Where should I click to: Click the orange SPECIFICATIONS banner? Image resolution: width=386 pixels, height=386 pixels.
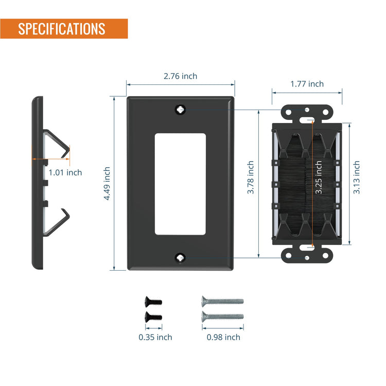coord(64,28)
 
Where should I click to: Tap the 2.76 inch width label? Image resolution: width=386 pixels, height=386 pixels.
coord(181,76)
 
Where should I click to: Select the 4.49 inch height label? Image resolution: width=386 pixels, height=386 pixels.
coord(107,184)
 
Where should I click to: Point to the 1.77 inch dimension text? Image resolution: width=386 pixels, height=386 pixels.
coord(307,84)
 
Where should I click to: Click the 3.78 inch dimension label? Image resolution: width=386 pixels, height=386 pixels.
coord(250,177)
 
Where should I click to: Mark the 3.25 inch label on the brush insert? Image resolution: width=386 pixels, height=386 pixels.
coord(319,177)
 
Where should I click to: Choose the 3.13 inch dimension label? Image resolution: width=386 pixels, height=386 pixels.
coord(357,177)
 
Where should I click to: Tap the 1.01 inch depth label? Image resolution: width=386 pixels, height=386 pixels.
coord(65,172)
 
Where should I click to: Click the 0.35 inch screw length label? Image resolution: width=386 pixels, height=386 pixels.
coord(155,337)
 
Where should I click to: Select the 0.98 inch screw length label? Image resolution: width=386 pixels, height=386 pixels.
coord(223,337)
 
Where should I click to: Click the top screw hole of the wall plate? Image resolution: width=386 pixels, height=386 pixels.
coord(181,109)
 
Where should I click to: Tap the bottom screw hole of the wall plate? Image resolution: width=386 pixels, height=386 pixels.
coord(181,258)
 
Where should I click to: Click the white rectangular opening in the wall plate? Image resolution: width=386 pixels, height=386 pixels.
coord(180,184)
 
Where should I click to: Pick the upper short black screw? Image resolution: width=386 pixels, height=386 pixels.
coord(153,302)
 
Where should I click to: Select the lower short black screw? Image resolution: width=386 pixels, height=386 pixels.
coord(153,317)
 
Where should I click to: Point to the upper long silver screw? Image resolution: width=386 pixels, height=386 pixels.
coord(222,301)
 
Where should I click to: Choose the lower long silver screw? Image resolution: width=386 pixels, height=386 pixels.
coord(222,317)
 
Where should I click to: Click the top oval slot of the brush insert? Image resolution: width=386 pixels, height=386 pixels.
coord(307,120)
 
